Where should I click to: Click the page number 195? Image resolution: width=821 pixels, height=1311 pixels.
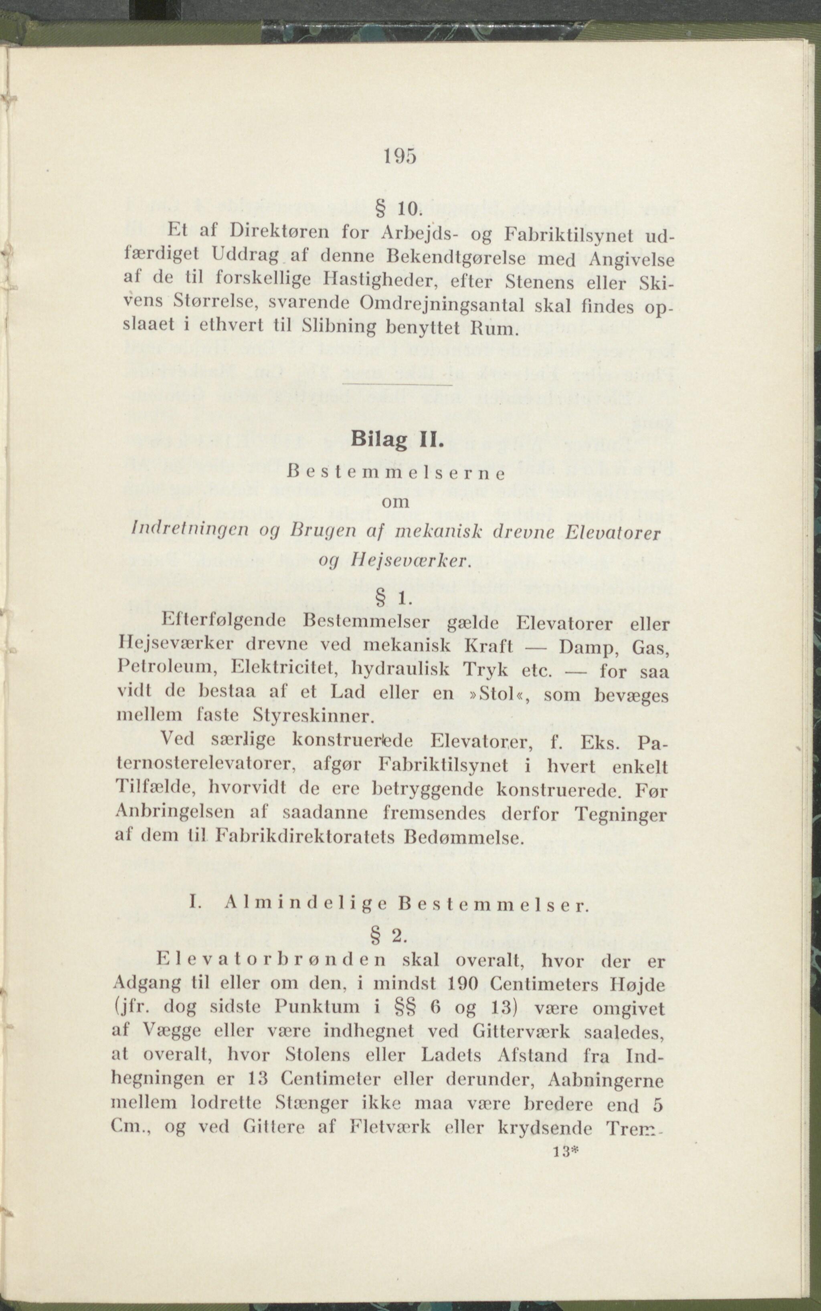400,156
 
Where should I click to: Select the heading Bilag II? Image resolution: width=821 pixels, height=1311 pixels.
397,438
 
